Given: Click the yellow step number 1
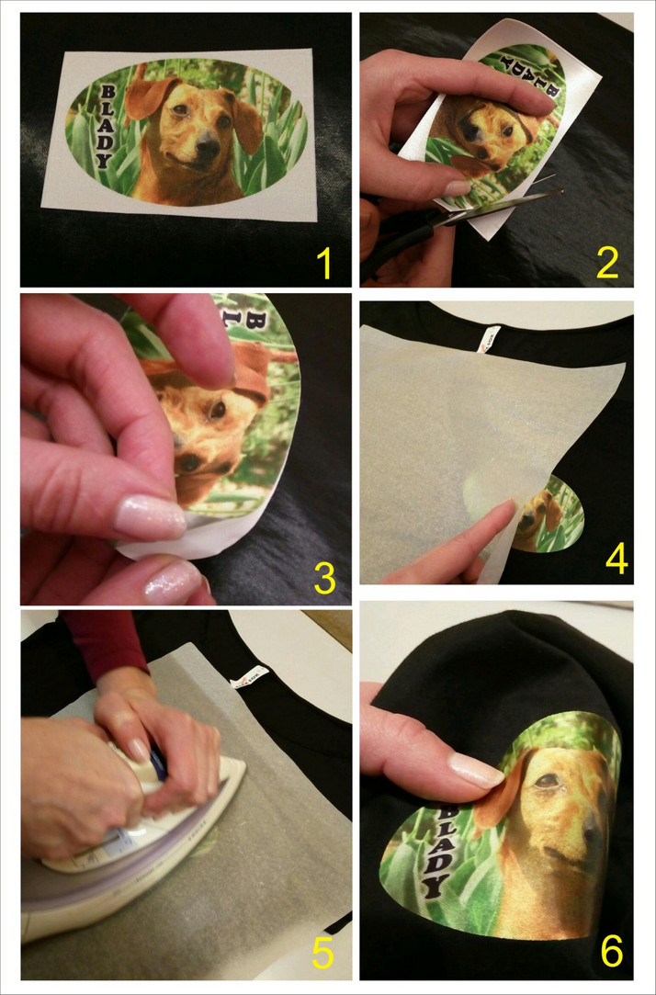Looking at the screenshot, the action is pos(324,264).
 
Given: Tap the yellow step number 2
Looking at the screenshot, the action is pos(607,264).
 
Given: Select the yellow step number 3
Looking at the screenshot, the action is pos(324,579).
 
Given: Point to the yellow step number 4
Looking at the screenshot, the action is pos(616,559).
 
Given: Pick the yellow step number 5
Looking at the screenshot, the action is pos(322,953).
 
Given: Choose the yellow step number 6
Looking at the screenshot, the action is pos(612,952).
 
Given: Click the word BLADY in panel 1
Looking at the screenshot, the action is pos(106,126).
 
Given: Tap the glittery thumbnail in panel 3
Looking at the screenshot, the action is pos(149,517).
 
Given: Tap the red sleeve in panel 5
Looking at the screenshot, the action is pos(105,642).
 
